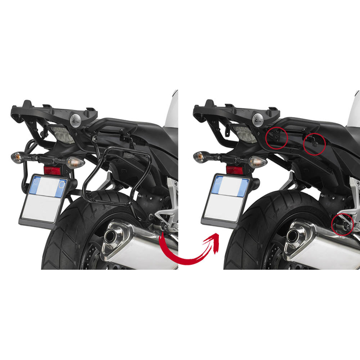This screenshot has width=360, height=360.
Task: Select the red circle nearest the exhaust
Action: (342, 224)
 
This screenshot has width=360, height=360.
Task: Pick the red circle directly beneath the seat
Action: (314, 143)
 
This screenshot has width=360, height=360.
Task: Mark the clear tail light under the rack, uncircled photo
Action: (65, 133)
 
